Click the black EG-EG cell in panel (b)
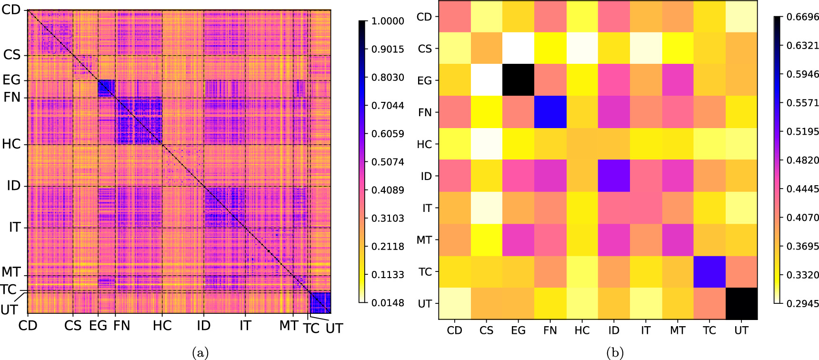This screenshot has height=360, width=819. click(518, 80)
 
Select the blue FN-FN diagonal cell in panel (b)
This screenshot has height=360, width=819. click(550, 112)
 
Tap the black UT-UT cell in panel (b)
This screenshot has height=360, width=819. click(741, 303)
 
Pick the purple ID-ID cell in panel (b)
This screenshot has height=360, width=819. click(614, 176)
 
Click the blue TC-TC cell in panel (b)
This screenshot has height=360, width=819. click(709, 271)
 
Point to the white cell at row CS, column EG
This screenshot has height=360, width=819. click(518, 48)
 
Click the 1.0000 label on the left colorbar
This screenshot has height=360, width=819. click(387, 21)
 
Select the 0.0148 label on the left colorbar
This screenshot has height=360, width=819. click(387, 303)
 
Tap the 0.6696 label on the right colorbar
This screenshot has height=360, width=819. click(802, 17)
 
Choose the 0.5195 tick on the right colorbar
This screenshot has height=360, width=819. click(802, 131)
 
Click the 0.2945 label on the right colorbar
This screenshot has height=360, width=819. click(802, 303)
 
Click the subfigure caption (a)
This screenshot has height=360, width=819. click(200, 353)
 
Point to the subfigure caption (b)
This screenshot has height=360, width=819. click(614, 353)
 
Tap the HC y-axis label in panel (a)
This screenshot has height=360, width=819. click(11, 144)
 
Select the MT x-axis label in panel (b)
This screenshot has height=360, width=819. click(678, 330)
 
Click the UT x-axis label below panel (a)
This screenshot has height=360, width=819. click(334, 328)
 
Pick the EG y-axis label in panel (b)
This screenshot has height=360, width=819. click(424, 80)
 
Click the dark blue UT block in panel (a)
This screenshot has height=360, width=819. click(320, 302)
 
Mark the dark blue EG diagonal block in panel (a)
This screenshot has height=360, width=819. click(106, 89)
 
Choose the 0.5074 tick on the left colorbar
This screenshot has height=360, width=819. click(387, 162)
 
